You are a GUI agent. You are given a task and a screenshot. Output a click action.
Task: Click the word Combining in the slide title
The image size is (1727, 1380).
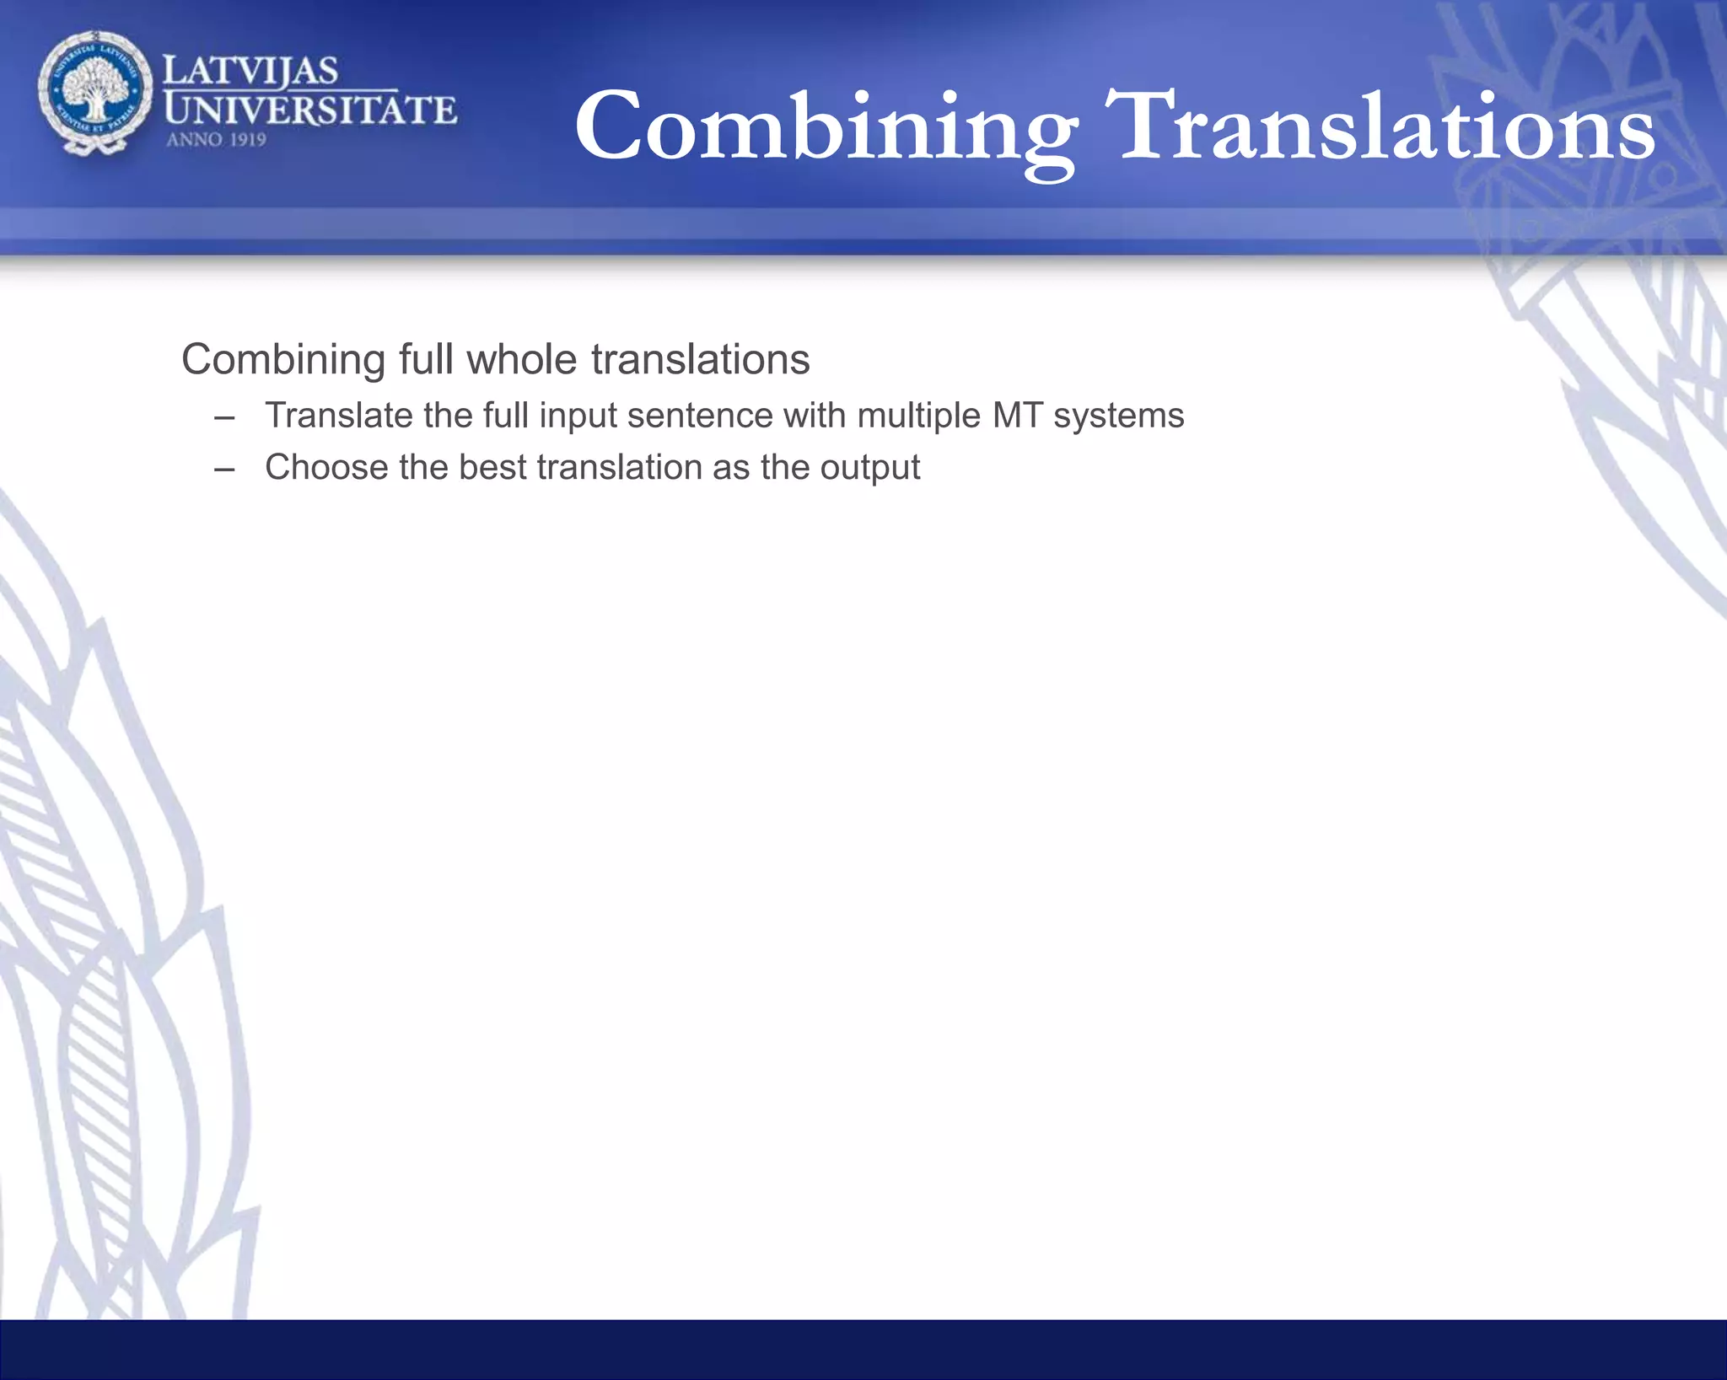click(825, 126)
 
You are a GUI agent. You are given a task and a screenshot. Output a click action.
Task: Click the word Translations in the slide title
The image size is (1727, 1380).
click(1384, 126)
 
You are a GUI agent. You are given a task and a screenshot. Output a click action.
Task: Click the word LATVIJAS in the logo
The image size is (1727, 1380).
click(250, 71)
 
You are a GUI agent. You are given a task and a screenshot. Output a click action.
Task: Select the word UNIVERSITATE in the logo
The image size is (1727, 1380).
click(310, 110)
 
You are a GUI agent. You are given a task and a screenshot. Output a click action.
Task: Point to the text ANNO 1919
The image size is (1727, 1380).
click(216, 140)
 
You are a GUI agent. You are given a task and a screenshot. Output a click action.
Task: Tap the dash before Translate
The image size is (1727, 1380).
click(224, 417)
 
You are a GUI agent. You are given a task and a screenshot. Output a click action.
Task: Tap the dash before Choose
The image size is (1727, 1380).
click(224, 470)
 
